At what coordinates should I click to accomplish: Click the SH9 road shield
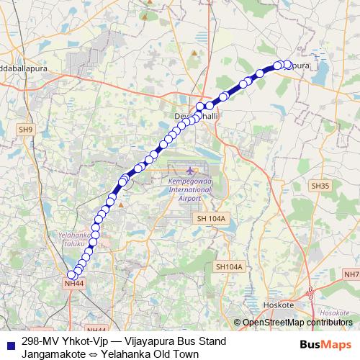point(26,130)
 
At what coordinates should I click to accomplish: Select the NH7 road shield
point(351,274)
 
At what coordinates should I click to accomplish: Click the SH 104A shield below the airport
point(211,218)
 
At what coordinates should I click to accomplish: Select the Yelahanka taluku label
point(76,238)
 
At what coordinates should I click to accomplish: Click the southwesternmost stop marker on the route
point(71,274)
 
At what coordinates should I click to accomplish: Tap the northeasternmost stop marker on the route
point(288,65)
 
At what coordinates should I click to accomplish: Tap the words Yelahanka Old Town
point(150,354)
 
